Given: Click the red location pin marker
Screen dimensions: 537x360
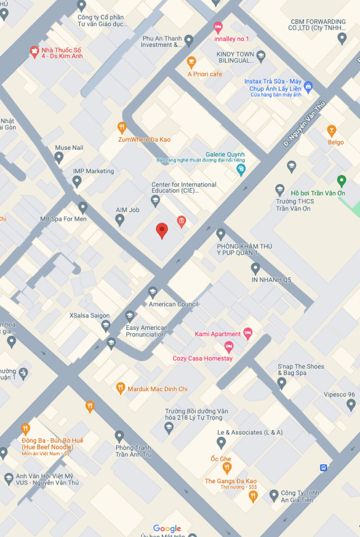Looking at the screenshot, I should [162, 230].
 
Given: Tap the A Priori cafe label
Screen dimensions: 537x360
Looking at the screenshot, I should [205, 74].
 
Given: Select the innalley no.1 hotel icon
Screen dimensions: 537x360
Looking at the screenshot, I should [218, 27].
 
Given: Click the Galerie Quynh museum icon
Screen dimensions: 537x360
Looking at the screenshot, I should [241, 169].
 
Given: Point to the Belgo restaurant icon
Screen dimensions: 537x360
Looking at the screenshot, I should [331, 131].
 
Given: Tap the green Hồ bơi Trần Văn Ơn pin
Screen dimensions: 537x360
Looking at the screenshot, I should [342, 181].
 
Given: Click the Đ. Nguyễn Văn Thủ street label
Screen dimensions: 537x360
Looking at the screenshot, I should [304, 123].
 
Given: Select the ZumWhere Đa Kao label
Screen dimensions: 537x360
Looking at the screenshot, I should [144, 140].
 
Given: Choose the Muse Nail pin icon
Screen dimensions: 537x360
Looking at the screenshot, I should [59, 158].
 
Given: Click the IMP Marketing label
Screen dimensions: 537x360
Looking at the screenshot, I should [93, 171].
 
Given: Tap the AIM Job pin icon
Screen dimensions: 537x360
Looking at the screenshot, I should [119, 220].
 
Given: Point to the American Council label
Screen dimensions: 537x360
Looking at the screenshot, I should [174, 304].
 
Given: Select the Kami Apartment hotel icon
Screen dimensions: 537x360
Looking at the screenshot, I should [247, 333].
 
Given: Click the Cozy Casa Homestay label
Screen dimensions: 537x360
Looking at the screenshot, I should [203, 359].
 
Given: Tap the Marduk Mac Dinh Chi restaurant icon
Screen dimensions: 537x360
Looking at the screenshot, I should [121, 388].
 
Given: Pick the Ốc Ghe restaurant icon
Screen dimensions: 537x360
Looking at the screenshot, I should [227, 469].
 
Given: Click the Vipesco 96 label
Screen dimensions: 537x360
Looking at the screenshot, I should [339, 395].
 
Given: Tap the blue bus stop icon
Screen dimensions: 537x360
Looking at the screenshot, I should [324, 467].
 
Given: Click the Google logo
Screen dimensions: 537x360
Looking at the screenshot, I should [167, 529].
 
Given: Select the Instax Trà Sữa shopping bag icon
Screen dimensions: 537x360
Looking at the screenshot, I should [309, 87].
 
